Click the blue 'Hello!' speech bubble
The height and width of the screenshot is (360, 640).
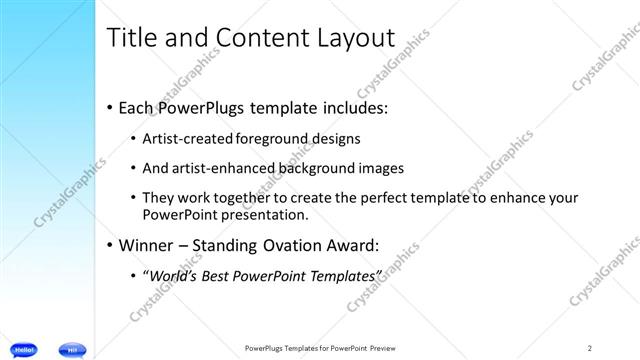(26, 349)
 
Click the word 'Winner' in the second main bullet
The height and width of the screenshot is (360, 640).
(146, 244)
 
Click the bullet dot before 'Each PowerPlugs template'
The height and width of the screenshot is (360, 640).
(109, 107)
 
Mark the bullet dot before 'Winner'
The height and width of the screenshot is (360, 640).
(109, 244)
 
